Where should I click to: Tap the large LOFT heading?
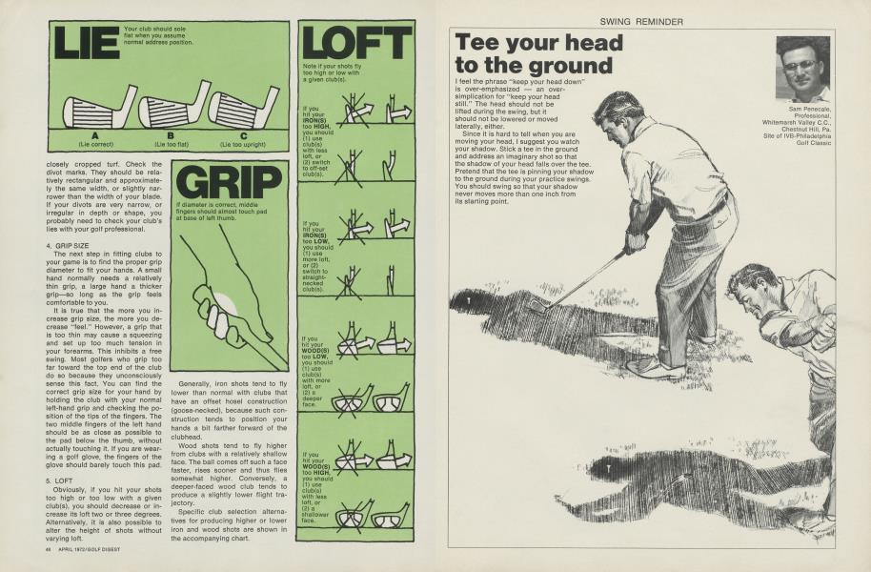tap(356, 43)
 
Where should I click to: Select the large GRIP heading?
tap(230, 182)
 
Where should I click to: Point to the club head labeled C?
tap(244, 108)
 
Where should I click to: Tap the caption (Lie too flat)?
tap(171, 144)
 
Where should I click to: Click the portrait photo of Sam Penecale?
tap(802, 69)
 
